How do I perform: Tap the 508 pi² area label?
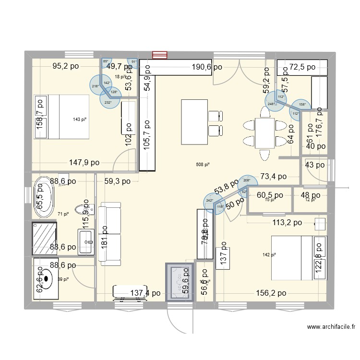(203, 165)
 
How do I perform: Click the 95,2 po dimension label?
(66, 67)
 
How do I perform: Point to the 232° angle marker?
(108, 102)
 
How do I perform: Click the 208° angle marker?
(247, 181)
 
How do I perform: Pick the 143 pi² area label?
(78, 120)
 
